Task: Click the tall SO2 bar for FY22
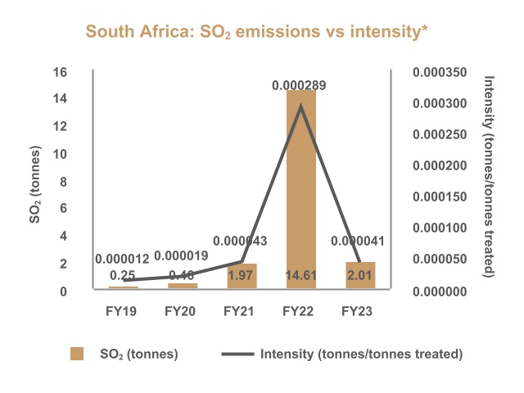(300, 188)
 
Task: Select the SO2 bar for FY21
(242, 276)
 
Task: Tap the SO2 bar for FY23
(359, 275)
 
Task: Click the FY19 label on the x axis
(124, 311)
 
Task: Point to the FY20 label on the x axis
(183, 311)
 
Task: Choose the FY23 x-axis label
(359, 311)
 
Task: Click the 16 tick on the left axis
(60, 71)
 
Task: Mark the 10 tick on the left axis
(60, 154)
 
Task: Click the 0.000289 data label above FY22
(300, 84)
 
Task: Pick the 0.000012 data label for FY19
(124, 257)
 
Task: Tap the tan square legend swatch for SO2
(77, 354)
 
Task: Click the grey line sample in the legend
(237, 354)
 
